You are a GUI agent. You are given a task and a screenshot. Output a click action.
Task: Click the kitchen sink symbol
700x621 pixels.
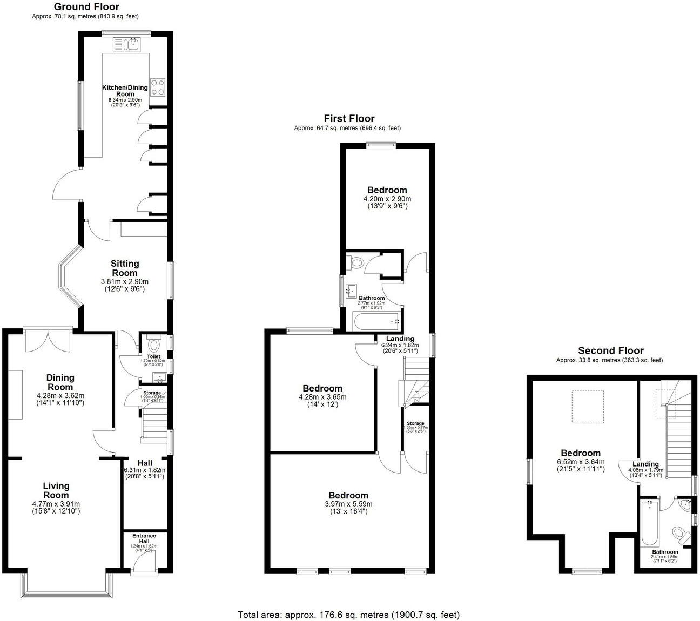pyautogui.click(x=127, y=44)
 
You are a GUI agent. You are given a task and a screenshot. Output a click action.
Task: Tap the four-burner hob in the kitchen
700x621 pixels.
pyautogui.click(x=157, y=87)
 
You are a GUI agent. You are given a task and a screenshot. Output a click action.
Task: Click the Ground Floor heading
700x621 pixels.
pyautogui.click(x=86, y=7)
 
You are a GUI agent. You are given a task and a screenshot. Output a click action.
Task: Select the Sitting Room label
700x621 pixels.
pyautogui.click(x=125, y=268)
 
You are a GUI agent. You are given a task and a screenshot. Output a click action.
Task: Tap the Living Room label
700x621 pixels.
pyautogui.click(x=56, y=490)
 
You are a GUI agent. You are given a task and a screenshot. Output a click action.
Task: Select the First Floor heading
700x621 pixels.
pyautogui.click(x=349, y=118)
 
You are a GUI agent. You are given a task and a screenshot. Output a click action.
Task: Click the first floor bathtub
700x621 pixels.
pyautogui.click(x=376, y=321)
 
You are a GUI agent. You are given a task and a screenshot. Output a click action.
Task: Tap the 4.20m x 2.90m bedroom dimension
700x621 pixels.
pyautogui.click(x=387, y=199)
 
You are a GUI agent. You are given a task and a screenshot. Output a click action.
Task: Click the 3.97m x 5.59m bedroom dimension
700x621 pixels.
pyautogui.click(x=348, y=504)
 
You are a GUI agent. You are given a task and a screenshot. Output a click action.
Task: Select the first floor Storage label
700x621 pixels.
pyautogui.click(x=415, y=423)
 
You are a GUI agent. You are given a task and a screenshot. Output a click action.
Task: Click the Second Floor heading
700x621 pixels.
pyautogui.click(x=610, y=350)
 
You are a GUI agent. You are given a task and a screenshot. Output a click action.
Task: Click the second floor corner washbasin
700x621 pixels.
pyautogui.click(x=686, y=505)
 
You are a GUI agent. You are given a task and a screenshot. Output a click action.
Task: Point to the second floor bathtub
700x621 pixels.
pyautogui.click(x=649, y=523)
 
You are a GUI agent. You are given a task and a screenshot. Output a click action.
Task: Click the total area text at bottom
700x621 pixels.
pyautogui.click(x=348, y=615)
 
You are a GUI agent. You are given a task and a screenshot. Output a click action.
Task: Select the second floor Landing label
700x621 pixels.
pyautogui.click(x=645, y=464)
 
